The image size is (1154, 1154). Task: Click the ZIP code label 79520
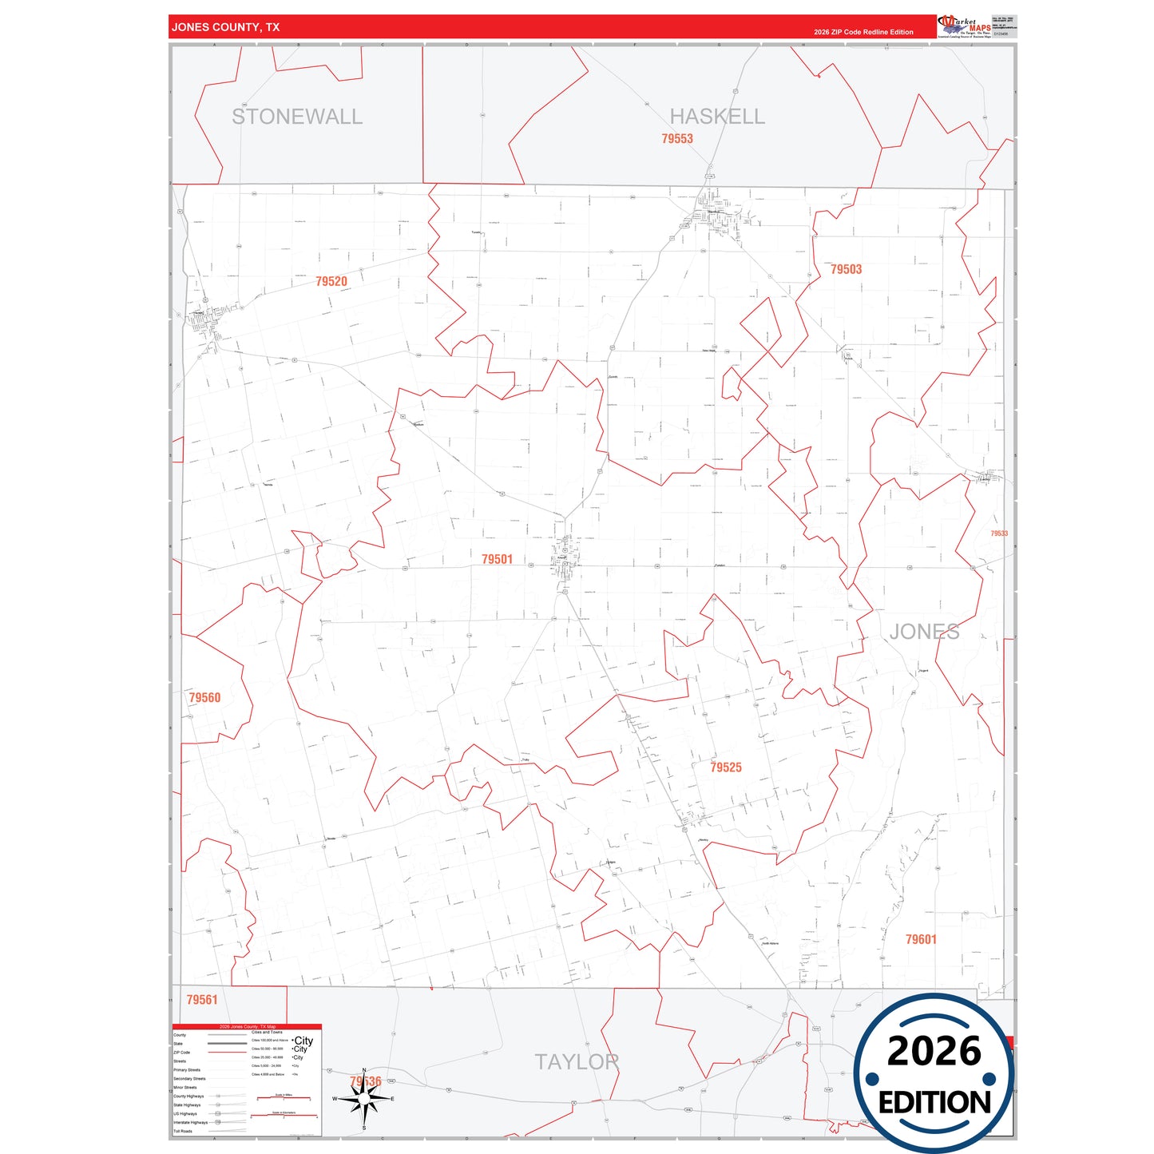(331, 282)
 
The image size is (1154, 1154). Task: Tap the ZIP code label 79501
(497, 560)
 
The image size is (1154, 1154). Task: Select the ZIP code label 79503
(846, 270)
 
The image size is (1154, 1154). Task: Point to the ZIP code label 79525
(726, 767)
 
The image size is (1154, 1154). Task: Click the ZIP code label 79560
(204, 698)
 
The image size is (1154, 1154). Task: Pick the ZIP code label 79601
(921, 940)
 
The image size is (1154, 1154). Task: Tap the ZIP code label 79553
(677, 139)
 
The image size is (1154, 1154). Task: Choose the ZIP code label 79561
(202, 1000)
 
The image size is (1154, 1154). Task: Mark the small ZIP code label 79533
(999, 533)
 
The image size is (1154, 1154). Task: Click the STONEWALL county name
(297, 117)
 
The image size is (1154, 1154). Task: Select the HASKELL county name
(717, 117)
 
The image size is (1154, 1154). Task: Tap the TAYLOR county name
(577, 1062)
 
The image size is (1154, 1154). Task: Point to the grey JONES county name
(924, 632)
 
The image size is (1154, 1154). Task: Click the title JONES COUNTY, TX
(226, 27)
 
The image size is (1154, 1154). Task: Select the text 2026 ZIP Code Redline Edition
(863, 32)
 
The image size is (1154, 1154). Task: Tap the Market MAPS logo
(965, 26)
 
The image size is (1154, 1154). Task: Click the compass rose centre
(364, 1100)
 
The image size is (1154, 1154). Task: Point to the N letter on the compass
(364, 1071)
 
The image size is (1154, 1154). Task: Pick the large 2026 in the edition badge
(934, 1051)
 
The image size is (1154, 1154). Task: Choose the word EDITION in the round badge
(934, 1103)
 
